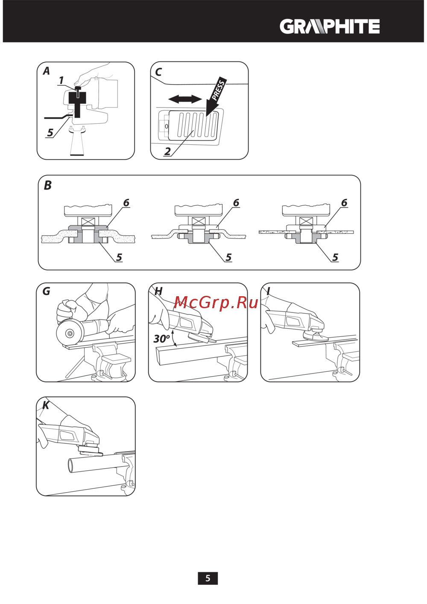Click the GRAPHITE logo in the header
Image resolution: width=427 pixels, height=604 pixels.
point(329,26)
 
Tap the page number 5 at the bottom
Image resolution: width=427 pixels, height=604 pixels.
point(208,578)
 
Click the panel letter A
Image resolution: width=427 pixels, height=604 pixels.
point(47,71)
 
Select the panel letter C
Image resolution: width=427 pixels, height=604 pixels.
point(158,72)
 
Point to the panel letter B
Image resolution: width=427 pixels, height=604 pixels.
point(48,186)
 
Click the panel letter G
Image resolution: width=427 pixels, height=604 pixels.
point(47,291)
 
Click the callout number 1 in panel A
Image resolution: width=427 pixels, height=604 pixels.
point(61,80)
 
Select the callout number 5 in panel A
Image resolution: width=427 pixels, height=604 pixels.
point(50,132)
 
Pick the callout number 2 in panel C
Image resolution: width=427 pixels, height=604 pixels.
point(167,151)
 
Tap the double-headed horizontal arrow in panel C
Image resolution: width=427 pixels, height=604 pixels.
point(185,99)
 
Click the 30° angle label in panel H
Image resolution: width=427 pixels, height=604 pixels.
point(162,338)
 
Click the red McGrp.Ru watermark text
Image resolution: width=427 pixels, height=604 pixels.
point(216,303)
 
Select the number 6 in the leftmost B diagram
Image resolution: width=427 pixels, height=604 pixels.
point(126,202)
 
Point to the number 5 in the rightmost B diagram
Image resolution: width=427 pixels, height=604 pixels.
point(335,257)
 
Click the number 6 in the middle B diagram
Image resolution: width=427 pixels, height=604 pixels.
point(236,202)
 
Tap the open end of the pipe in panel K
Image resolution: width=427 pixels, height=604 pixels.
point(70,466)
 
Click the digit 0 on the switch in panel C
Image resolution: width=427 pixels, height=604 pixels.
point(167,126)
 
